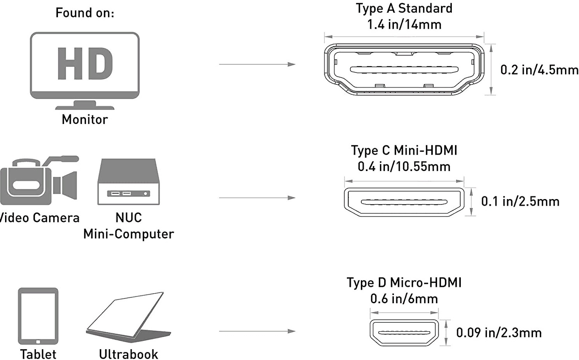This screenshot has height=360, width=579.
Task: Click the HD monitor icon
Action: tap(85, 70)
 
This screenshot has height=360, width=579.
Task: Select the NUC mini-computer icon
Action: tap(128, 182)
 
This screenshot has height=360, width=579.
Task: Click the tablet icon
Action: tap(38, 316)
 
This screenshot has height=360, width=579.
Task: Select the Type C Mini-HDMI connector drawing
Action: tap(404, 202)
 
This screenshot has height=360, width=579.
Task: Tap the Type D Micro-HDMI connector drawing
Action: tap(404, 333)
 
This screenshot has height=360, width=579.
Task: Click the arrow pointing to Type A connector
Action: tap(257, 64)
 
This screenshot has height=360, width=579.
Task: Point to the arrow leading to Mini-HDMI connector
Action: tap(257, 198)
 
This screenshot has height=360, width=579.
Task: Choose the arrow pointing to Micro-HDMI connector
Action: tap(257, 331)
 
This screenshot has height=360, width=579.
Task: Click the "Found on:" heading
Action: tap(85, 13)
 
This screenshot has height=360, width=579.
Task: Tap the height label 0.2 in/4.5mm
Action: tap(539, 70)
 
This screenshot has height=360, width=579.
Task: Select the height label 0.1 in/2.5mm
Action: tap(520, 201)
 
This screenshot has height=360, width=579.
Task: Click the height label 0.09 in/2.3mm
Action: tap(499, 333)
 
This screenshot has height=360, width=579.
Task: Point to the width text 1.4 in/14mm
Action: tap(404, 24)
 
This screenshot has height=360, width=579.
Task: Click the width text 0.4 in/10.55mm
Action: tap(404, 167)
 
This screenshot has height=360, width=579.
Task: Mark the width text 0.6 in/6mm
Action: tap(404, 299)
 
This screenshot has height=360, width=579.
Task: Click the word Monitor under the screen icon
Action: tap(85, 119)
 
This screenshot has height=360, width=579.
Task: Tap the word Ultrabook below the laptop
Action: tap(128, 354)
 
